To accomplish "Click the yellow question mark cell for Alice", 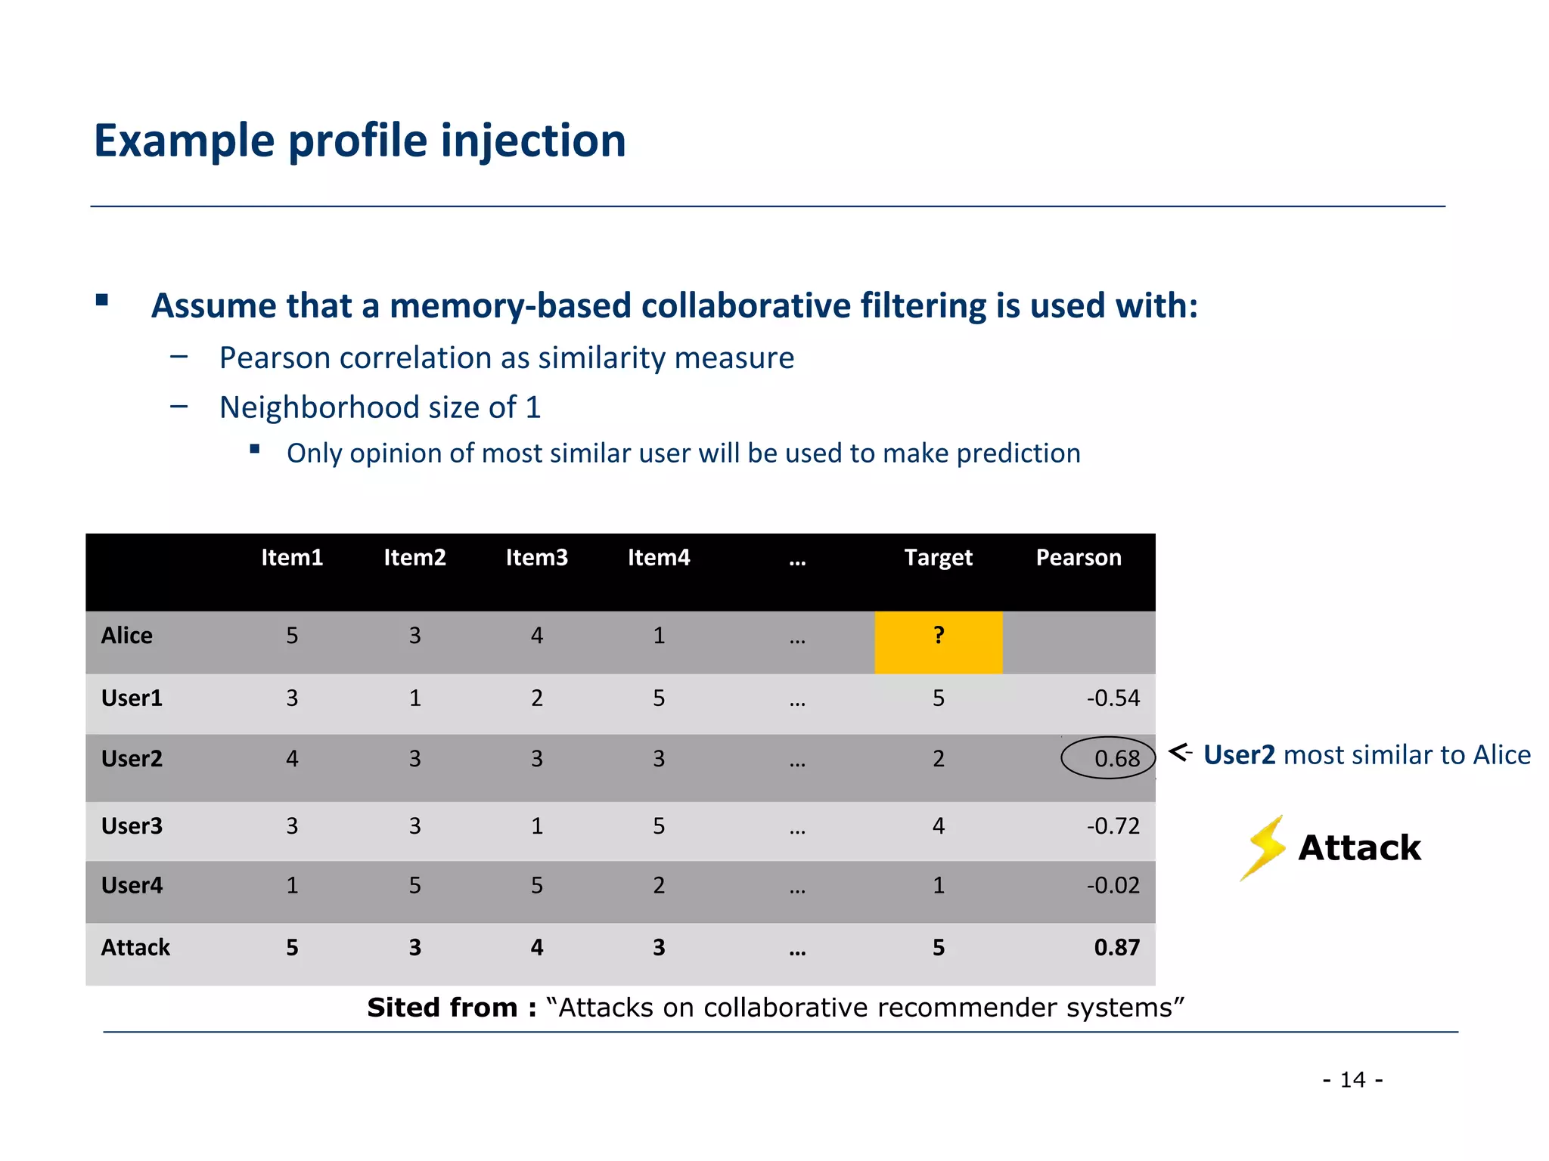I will [938, 642].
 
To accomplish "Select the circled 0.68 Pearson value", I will [1108, 757].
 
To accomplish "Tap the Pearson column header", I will [1078, 557].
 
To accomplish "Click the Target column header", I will [938, 557].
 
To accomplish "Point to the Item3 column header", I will [536, 557].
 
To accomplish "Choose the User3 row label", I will [132, 825].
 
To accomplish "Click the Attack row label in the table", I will [135, 947].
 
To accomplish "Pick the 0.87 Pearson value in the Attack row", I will [1116, 947].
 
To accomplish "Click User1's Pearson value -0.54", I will [1113, 698].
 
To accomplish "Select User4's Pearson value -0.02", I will [1113, 885].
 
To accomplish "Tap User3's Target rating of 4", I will [938, 825].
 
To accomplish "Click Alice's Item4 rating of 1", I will [659, 636].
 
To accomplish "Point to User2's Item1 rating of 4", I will [292, 758].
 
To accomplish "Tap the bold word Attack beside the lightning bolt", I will [1359, 847].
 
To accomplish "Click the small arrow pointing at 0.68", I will [1179, 752].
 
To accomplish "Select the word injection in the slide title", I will [533, 141].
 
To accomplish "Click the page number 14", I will [1352, 1079].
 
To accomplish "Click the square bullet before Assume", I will [102, 300].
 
